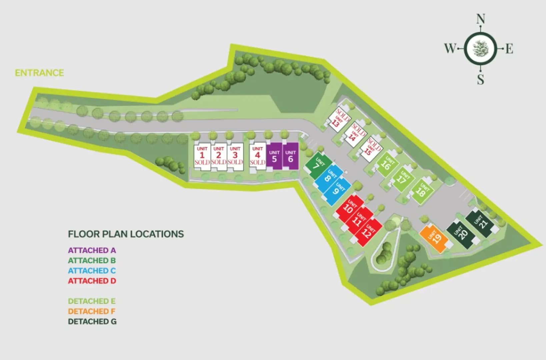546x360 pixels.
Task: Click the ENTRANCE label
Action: click(39, 73)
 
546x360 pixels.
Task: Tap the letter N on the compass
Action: click(480, 19)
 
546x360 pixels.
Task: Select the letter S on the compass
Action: click(480, 79)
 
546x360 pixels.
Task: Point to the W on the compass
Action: click(450, 48)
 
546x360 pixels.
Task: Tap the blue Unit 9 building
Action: click(337, 191)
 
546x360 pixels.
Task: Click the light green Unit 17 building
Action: click(403, 179)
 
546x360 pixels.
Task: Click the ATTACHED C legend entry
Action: click(92, 271)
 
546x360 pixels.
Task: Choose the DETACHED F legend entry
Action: click(92, 311)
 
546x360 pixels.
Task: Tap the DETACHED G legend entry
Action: click(92, 322)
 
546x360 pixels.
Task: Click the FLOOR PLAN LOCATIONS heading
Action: click(126, 234)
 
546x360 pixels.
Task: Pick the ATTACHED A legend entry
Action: click(92, 250)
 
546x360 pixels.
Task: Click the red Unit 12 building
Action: click(368, 232)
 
